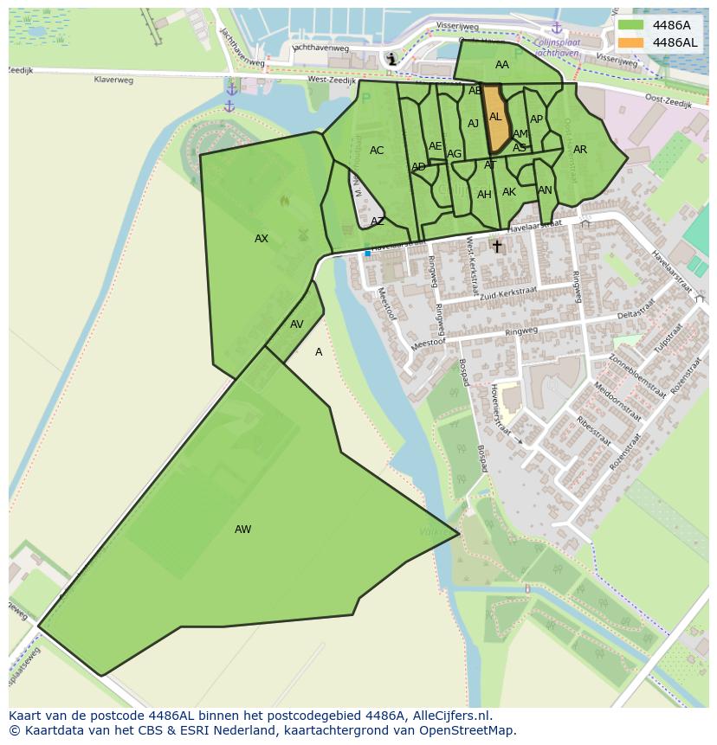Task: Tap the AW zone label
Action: pos(242,530)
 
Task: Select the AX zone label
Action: pos(262,239)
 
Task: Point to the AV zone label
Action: pos(297,324)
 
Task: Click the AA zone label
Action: pos(502,65)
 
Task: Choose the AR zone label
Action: pos(580,150)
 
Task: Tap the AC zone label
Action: pos(377,151)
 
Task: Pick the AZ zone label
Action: pos(378,222)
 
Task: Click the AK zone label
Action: pos(509,192)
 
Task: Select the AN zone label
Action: pos(545,190)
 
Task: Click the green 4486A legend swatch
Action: pos(631,25)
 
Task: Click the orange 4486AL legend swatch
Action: pos(631,42)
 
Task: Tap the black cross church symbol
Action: pos(497,247)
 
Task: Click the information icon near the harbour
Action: pos(392,59)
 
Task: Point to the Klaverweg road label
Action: pos(114,80)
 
